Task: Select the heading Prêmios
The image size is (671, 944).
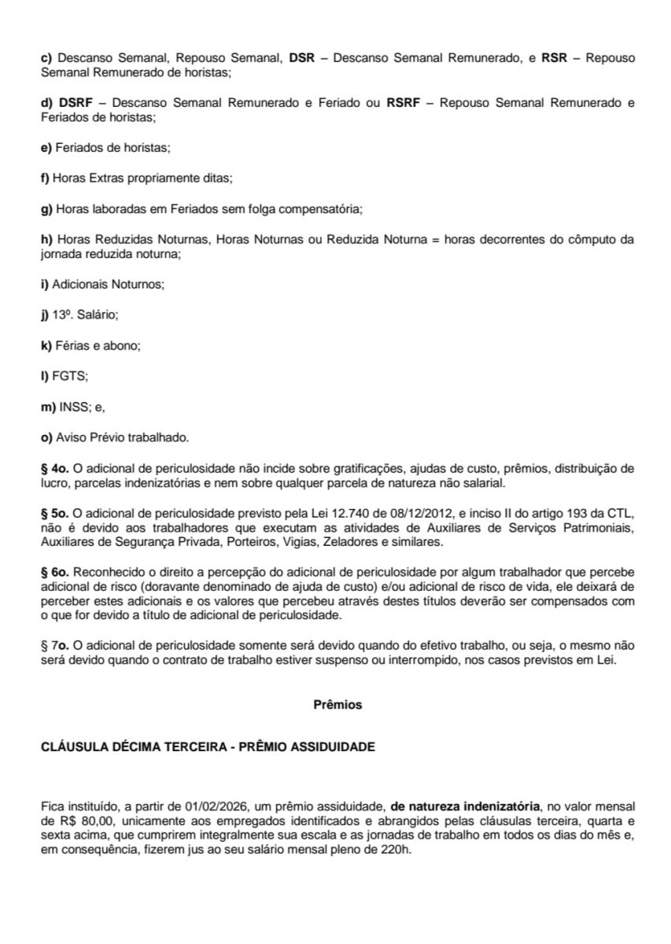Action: coord(337,705)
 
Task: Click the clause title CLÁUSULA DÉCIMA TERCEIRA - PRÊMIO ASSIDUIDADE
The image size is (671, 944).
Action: coord(208,747)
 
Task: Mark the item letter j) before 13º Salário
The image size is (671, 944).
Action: coord(44,315)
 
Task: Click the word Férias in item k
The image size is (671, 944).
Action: coord(70,345)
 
